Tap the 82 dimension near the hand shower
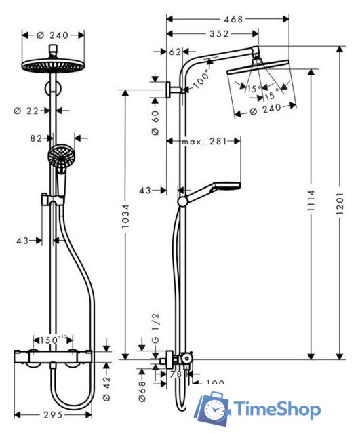tap(36, 138)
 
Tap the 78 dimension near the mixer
tap(174, 374)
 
